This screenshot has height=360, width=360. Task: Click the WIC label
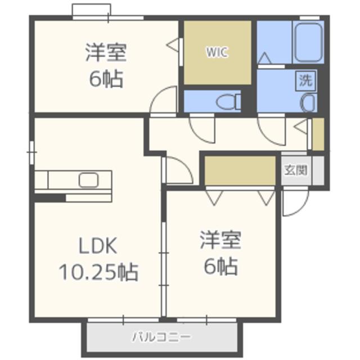click(x=217, y=52)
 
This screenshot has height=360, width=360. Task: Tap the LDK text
click(x=98, y=246)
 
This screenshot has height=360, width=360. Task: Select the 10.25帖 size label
click(x=99, y=272)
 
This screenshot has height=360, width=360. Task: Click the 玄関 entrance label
click(x=296, y=170)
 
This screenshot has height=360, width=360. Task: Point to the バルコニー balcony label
click(x=161, y=337)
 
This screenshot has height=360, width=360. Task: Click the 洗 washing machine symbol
click(x=306, y=80)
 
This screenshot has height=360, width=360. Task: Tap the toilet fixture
click(x=228, y=102)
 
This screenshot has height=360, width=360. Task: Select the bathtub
click(x=308, y=42)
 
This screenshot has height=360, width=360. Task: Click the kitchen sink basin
click(x=89, y=180)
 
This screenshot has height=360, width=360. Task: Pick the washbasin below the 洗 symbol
click(x=309, y=103)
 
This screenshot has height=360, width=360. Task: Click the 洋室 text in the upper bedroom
click(x=106, y=52)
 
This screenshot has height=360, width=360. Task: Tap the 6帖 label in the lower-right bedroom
click(x=220, y=266)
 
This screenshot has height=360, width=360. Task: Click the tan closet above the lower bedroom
click(x=240, y=170)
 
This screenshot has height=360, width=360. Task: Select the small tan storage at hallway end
click(x=318, y=134)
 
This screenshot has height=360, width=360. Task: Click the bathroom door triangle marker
click(x=264, y=58)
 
